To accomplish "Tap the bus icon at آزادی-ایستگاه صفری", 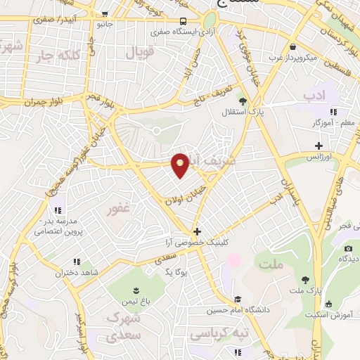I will pos(183,22).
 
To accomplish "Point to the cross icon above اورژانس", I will pos(319,146).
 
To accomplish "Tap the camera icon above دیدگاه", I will pos(348,248).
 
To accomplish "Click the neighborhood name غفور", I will pos(117,210).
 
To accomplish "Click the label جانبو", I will pos(105,23).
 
